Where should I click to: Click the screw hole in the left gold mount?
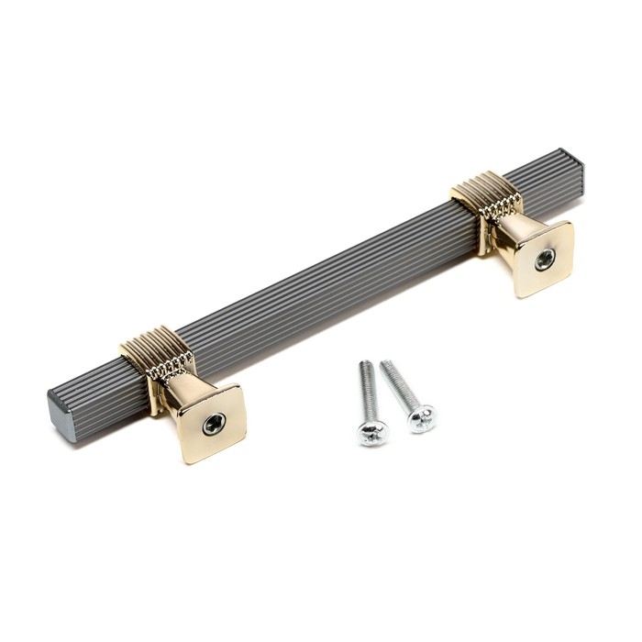[x=213, y=423]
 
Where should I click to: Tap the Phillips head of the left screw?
[x=372, y=430]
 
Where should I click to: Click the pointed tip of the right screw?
[x=383, y=361]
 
